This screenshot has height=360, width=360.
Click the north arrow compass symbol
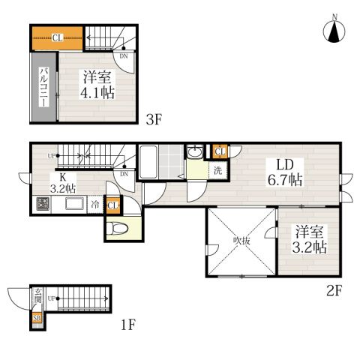coord(334,30)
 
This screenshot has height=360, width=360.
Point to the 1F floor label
coord(128,325)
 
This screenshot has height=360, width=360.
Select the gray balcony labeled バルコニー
coord(40,88)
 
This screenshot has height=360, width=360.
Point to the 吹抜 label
coord(240,241)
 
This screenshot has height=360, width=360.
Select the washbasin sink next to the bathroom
coord(194,153)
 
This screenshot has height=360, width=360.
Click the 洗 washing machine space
coord(217,169)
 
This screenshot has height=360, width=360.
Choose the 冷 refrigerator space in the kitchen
coord(95,204)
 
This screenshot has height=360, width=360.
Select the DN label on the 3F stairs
coord(123,55)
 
